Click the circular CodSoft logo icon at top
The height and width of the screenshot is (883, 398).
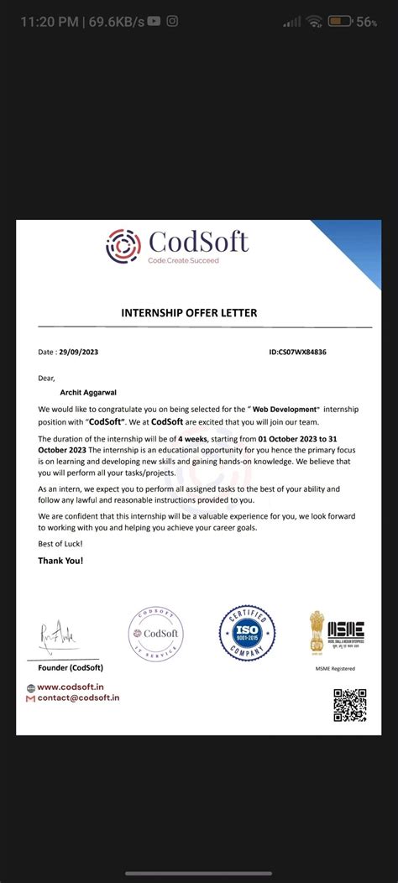click(123, 246)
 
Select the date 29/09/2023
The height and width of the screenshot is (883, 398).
click(79, 352)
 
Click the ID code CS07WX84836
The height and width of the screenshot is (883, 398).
click(298, 352)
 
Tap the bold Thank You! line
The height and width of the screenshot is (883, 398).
click(60, 560)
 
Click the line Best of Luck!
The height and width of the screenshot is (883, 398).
click(60, 544)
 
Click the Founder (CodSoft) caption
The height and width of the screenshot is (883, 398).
click(71, 667)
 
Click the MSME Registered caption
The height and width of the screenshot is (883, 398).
click(334, 669)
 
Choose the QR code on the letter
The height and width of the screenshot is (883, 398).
click(349, 705)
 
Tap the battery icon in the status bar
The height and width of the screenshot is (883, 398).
click(340, 22)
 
